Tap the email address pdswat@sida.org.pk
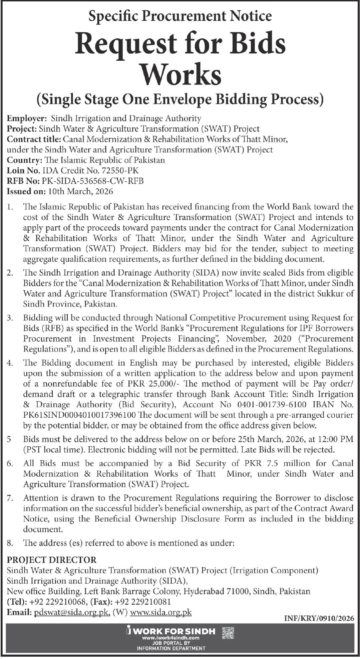pos(72,613)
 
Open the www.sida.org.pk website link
pos(161,613)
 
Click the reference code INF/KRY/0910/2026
pos(319,618)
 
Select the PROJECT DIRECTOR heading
pos(52,560)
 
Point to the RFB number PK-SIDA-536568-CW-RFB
pos(93,181)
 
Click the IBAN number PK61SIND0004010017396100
pos(79,415)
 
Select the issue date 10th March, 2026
pos(80,191)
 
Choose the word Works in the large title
pos(180,74)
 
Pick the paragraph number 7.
pos(10,498)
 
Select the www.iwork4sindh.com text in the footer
pos(170,638)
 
